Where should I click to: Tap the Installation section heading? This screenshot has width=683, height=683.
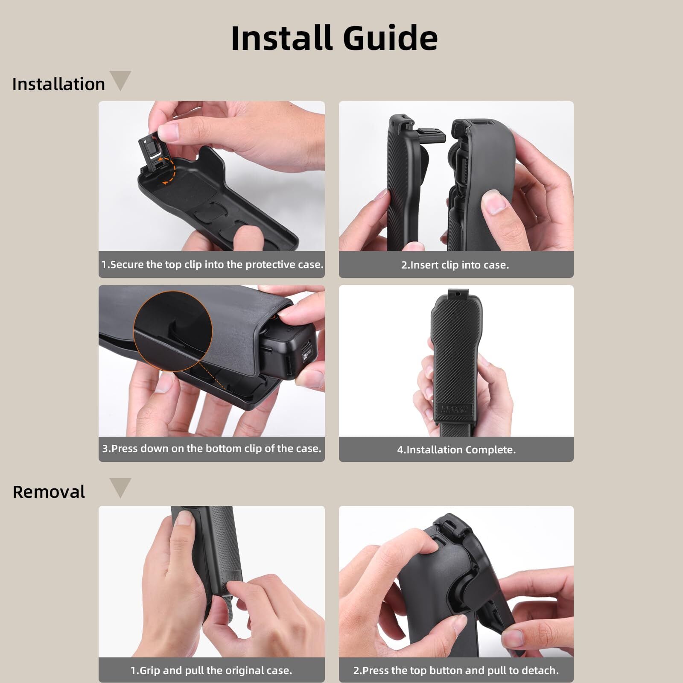point(58,84)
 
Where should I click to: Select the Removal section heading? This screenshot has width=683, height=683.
point(49,492)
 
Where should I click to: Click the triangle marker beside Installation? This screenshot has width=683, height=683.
point(120,80)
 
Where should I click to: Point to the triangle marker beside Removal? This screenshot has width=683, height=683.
point(120,487)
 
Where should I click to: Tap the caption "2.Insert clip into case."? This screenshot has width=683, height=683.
point(455,265)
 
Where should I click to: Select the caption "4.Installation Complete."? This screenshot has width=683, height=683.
point(456,449)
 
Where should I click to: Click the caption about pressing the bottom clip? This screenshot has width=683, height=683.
point(212,448)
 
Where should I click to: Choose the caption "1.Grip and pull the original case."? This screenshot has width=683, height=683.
point(211,670)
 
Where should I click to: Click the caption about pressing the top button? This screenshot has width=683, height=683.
point(456,670)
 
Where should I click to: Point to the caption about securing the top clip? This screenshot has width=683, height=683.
point(212,264)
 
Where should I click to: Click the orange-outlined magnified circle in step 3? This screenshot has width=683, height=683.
point(173,331)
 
